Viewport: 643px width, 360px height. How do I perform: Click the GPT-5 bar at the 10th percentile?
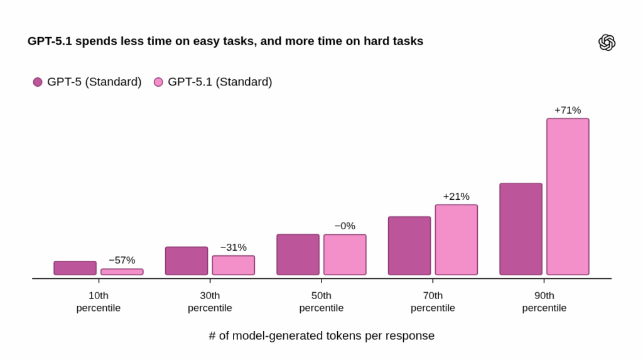[x=75, y=268]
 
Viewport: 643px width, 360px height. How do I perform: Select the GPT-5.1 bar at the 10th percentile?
[x=122, y=272]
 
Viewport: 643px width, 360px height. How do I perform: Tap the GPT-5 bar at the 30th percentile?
[x=186, y=261]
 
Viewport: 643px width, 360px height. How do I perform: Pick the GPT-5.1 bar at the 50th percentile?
[x=345, y=254]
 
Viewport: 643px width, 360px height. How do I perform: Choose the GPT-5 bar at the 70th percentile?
[x=409, y=246]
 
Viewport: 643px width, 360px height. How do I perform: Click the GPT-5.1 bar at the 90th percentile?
[x=568, y=197]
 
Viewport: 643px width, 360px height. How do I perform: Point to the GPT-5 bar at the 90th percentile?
[x=521, y=229]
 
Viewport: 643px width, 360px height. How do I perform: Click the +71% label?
[x=568, y=111]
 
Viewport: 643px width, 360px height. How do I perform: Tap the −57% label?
[x=122, y=260]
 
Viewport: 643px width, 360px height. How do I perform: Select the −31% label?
[x=233, y=248]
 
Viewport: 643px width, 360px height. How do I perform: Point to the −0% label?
[x=345, y=226]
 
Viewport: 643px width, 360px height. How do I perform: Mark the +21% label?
[x=456, y=197]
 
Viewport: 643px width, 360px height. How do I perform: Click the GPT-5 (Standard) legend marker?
[x=38, y=82]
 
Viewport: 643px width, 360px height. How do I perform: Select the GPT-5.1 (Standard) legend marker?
[x=158, y=82]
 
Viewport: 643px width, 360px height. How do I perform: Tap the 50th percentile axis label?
[x=321, y=302]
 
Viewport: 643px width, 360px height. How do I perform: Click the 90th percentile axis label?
[x=544, y=302]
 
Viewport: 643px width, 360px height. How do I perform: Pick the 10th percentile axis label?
[x=99, y=302]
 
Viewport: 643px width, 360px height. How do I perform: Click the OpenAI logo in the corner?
[x=607, y=42]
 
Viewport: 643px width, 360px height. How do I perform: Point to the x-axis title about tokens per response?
[x=321, y=335]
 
